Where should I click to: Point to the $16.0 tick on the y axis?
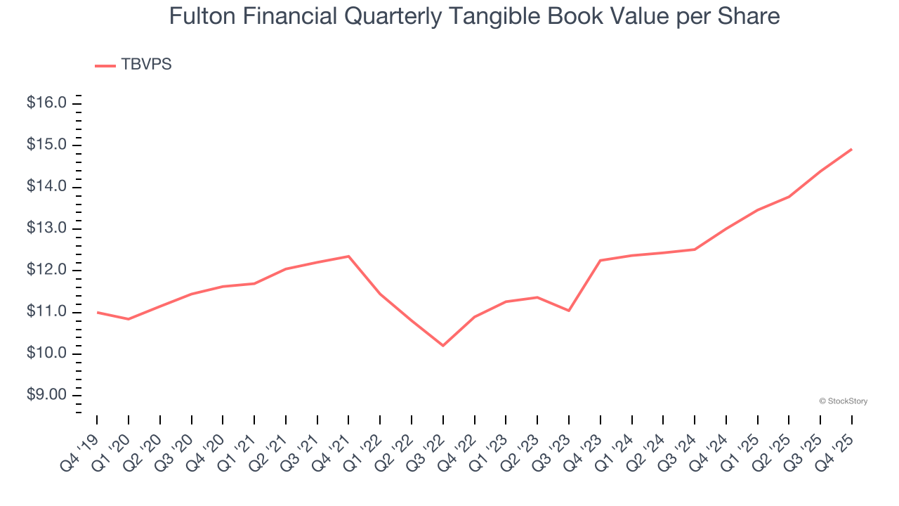point(46,103)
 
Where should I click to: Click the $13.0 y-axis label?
point(46,228)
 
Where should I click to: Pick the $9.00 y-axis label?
point(46,395)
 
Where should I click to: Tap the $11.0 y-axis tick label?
point(46,311)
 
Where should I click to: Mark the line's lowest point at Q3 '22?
point(443,346)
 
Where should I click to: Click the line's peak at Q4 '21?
point(349,256)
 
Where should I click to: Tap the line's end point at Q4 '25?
point(852,149)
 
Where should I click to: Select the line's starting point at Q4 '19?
point(97,312)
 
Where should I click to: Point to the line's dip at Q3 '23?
point(569,311)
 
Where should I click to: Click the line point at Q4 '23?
point(601,260)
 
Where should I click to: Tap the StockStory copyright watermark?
point(844,401)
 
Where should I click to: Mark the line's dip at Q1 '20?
point(129,319)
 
